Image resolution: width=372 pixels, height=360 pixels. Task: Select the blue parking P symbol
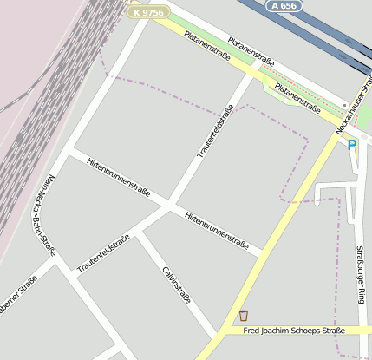(x=352, y=145)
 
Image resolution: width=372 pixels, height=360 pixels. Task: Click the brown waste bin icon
(x=244, y=315)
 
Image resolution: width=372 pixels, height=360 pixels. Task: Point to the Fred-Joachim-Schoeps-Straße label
(x=293, y=331)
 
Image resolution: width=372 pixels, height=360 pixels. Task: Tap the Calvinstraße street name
(x=176, y=285)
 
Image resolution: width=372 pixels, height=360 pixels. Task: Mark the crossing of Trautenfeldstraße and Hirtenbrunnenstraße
(x=168, y=206)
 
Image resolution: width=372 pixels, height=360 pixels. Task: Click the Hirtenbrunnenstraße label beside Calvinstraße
(x=217, y=231)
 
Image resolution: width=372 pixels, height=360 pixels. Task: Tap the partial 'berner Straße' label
(x=17, y=295)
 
